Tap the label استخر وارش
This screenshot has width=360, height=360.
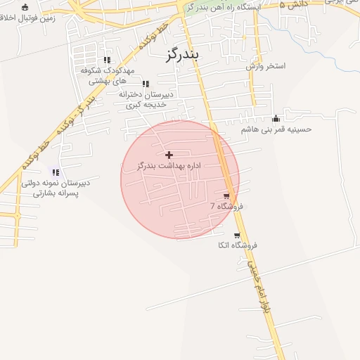click(265, 66)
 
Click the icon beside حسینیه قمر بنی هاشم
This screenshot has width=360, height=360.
click(276, 118)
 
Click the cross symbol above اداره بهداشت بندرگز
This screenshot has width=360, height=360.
click(169, 155)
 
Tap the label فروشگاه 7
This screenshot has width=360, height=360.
click(226, 206)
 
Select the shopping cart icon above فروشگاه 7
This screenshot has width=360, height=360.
click(226, 195)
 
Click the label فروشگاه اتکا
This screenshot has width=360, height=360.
click(237, 245)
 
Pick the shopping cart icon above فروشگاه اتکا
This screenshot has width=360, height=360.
click(237, 235)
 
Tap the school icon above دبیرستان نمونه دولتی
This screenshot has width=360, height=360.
click(55, 172)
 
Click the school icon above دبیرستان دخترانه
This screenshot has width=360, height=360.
click(146, 84)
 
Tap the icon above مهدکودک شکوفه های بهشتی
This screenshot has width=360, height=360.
click(107, 60)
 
